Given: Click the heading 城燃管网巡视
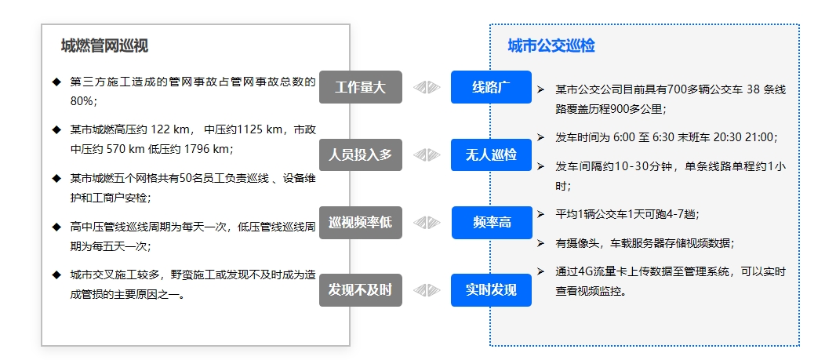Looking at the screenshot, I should point(104,46).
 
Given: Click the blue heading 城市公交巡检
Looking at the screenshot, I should point(551,46).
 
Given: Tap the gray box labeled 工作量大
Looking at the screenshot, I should point(360,87).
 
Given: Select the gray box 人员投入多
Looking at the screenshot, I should point(360,155).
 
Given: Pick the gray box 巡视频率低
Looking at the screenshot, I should point(360,223).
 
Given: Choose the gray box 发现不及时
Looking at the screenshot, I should point(360,290).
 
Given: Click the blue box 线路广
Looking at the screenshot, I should point(491,87).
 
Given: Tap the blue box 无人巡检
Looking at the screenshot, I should point(491,155).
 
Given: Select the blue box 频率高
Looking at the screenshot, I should point(491,223).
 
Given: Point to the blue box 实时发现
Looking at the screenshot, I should point(491,290).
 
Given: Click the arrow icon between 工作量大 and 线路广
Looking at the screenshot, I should point(427,87).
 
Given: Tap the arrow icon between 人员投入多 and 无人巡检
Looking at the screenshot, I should point(427,155).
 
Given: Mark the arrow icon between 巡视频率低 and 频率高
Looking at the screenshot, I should point(427,223).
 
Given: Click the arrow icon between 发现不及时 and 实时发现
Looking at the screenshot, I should point(427,290).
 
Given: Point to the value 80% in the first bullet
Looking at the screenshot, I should point(82,101).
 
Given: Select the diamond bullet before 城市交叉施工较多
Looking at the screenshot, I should point(56,275).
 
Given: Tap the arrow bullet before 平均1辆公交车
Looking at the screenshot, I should point(540,213).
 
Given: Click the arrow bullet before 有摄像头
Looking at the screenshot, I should point(540,242).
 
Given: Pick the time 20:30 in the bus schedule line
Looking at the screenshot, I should point(727,137).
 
